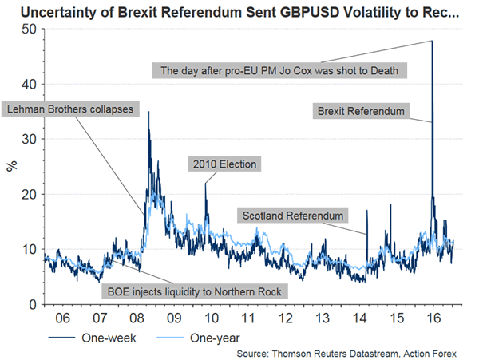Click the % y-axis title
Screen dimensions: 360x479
[12, 167]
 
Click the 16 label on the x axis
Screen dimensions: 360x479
[433, 318]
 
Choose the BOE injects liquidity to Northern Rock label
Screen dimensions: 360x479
[196, 291]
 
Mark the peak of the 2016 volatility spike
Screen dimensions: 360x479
[433, 42]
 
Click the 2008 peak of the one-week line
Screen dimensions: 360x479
[148, 113]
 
